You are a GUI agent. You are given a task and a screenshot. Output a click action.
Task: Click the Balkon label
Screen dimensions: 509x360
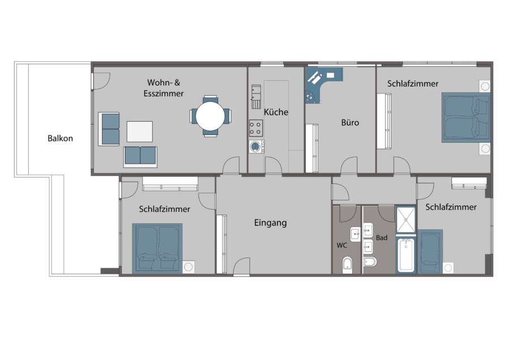tap(60, 139)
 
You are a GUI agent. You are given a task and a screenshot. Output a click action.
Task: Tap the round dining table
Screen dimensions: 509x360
tap(210, 116)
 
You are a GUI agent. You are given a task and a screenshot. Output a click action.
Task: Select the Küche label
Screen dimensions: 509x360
tap(276, 112)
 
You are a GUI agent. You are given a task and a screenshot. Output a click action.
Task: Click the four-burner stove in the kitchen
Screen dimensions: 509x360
tap(256, 128)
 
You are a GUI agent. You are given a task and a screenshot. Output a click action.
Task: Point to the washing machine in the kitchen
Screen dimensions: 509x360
tap(256, 147)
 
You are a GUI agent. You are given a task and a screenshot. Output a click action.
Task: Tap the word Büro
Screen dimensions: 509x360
tap(350, 122)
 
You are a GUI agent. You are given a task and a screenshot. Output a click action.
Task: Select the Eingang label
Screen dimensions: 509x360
tap(270, 223)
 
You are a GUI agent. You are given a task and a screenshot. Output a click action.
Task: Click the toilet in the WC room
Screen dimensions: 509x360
tap(347, 265)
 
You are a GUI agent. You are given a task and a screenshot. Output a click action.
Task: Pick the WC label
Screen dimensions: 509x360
tap(342, 245)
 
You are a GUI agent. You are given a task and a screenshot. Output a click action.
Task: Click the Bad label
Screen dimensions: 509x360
tap(381, 238)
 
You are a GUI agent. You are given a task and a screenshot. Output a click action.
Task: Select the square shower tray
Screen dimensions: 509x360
tap(406, 220)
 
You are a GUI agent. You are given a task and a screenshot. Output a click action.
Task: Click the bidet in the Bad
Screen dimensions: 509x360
tap(370, 262)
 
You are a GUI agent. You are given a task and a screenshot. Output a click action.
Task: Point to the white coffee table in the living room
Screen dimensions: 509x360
tap(140, 131)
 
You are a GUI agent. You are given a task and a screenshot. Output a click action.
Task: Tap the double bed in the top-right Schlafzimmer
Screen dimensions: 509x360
tap(465, 118)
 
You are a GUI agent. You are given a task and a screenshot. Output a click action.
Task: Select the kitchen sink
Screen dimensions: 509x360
tap(256, 96)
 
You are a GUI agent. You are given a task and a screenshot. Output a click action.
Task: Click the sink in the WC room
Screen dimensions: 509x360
tap(356, 234)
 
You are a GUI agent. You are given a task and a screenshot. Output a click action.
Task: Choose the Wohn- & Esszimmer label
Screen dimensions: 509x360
tap(163, 88)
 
